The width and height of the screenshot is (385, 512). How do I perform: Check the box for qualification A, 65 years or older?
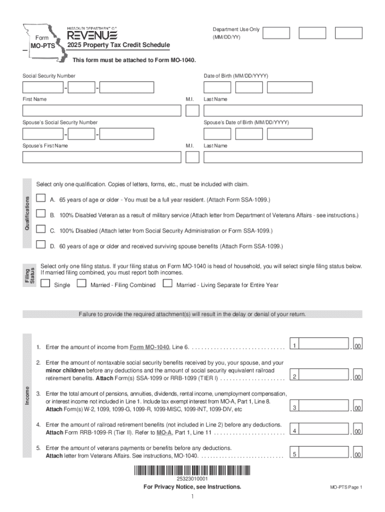[41, 199]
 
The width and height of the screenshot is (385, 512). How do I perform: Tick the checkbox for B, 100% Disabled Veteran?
[41, 214]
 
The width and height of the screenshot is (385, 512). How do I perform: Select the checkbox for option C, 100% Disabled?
[41, 230]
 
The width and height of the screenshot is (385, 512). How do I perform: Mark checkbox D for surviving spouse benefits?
[41, 245]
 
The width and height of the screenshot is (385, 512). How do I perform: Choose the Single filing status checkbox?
[45, 284]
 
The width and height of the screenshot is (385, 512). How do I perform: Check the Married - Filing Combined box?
[81, 284]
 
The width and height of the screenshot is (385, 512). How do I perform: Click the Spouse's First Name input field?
[101, 157]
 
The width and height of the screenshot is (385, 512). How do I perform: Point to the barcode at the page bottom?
[192, 471]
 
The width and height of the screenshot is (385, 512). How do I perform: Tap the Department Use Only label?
[236, 29]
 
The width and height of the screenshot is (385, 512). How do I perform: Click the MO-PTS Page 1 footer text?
[345, 487]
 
